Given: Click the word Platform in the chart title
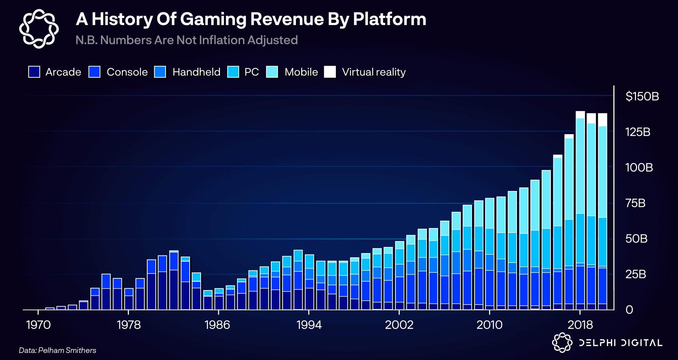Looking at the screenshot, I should coord(389,19).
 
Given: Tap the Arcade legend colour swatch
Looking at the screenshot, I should coord(34,72).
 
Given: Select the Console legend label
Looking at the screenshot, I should coord(127,72).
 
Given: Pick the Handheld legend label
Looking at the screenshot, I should coord(196,72).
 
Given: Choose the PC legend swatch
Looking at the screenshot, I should coord(233,72).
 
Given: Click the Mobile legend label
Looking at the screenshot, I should coord(301,72).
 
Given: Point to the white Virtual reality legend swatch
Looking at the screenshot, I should coord(330,72).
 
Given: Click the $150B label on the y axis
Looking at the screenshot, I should coord(642,96).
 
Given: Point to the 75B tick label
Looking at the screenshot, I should coord(635,203).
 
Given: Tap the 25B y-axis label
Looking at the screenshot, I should coord(636,274).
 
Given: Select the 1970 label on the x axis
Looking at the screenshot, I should coord(38,325).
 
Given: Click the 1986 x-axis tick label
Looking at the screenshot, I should coord(217,325).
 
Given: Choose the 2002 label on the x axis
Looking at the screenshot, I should coord(399,325).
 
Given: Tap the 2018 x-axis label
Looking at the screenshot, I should coord(580,325).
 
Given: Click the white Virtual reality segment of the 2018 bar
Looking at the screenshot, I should coord(580,115).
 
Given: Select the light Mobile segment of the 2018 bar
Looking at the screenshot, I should coord(580,166).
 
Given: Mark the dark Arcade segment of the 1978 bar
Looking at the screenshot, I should coord(129,302).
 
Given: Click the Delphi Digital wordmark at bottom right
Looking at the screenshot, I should coord(620,343).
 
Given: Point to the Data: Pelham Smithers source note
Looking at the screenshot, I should coord(58,350).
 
